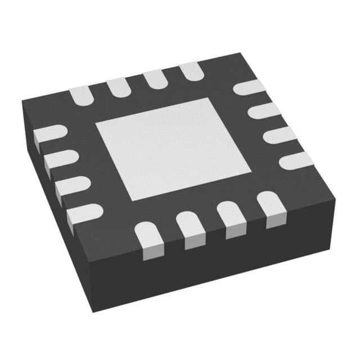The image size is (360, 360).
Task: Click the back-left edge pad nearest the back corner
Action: [x=190, y=70]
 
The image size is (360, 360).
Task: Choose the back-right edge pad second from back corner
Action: [x=264, y=110]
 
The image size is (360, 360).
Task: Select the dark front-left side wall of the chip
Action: [x=56, y=214]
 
